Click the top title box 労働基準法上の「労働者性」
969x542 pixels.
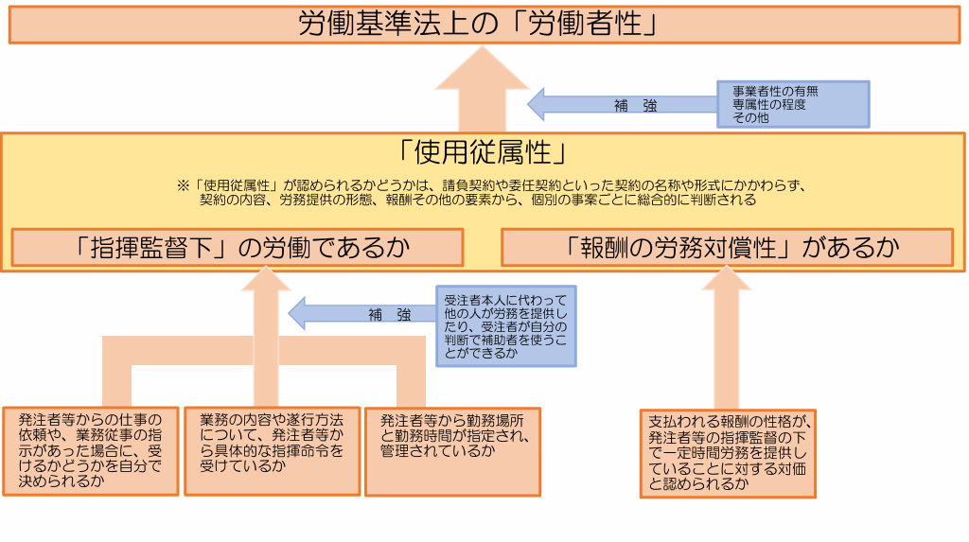(x=484, y=25)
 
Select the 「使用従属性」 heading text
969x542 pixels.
(x=483, y=152)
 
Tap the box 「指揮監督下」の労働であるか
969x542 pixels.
(x=238, y=248)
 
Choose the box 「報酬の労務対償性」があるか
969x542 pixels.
(x=728, y=248)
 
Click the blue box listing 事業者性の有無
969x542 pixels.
(x=793, y=104)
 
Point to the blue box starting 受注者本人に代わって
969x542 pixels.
(x=506, y=326)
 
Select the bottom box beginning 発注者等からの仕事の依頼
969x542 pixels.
(x=91, y=451)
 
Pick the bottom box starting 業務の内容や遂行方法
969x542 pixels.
(x=272, y=451)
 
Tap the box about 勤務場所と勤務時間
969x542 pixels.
(x=453, y=452)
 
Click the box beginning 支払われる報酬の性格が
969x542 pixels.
(x=728, y=454)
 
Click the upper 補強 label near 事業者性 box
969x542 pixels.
(x=635, y=106)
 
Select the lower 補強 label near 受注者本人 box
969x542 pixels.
(x=389, y=315)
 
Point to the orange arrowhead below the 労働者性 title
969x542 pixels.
(x=482, y=69)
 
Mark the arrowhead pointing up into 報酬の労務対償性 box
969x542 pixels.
(x=727, y=279)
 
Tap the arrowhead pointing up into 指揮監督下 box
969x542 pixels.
(x=266, y=279)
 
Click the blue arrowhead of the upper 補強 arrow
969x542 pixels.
(x=537, y=104)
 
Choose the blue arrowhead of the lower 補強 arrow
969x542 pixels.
(x=297, y=313)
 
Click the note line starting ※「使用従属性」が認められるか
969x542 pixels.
(x=492, y=185)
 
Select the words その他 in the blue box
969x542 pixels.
(x=750, y=117)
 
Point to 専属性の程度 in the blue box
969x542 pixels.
(x=769, y=104)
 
